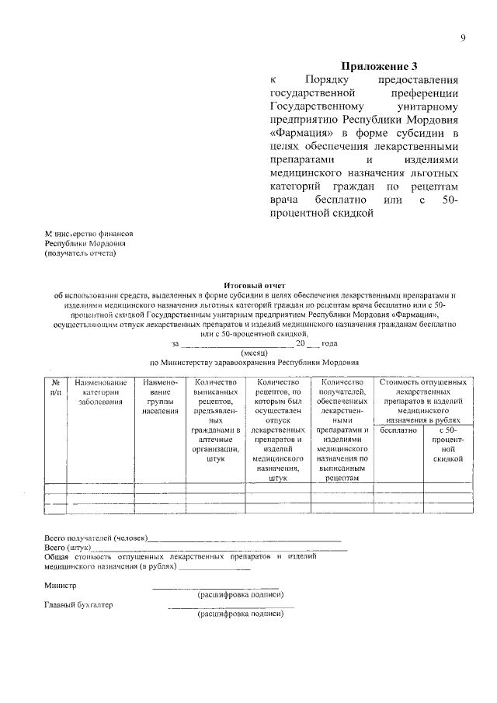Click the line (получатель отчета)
81,252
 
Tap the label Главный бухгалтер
78,605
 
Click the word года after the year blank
330,343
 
